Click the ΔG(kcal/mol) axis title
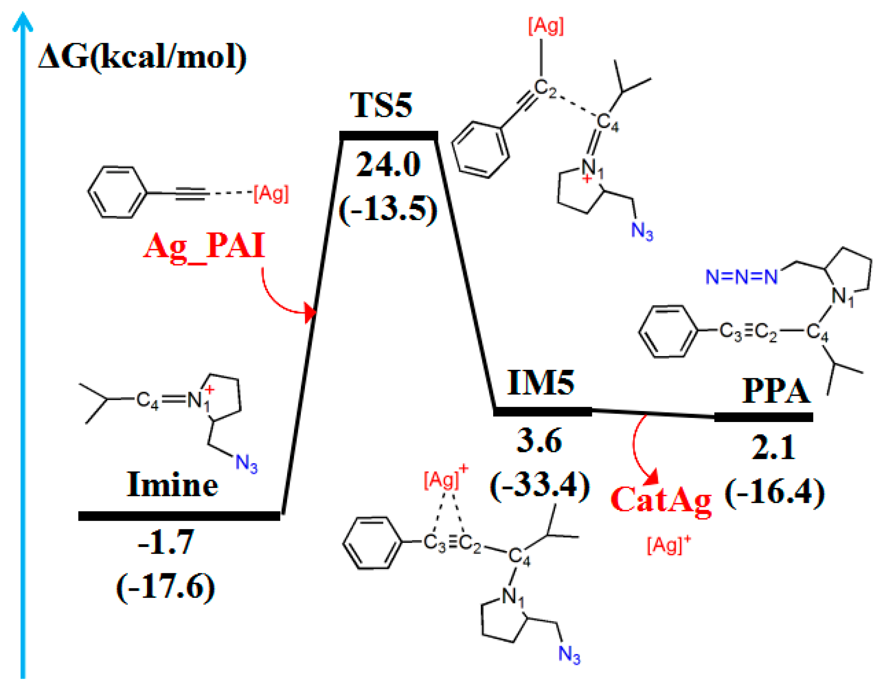[142, 58]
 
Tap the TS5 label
[381, 106]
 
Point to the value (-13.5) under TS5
[388, 209]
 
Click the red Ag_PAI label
[205, 246]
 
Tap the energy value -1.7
[166, 542]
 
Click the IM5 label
[541, 382]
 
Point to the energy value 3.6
[539, 441]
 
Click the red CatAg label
[661, 500]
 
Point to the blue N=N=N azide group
[741, 277]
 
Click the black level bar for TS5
[388, 136]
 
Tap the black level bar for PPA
[763, 417]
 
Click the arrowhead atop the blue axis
[22, 20]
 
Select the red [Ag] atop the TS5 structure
[546, 26]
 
